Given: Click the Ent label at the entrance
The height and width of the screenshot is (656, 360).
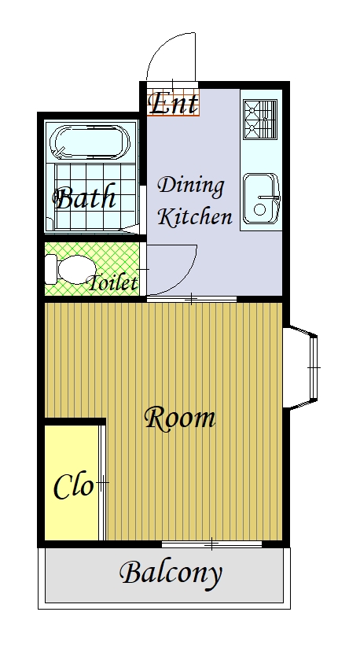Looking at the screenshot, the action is (x=174, y=103).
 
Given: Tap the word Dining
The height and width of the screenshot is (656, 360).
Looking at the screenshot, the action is (x=191, y=186).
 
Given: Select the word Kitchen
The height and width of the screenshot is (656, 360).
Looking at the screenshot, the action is (x=195, y=216).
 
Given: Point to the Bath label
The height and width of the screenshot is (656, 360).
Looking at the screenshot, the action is (x=85, y=197).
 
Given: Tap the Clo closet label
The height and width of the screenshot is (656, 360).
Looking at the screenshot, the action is (x=73, y=487).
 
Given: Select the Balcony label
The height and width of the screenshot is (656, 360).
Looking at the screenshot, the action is (x=171, y=574).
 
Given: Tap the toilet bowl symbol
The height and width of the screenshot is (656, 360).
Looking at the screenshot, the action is (x=76, y=270).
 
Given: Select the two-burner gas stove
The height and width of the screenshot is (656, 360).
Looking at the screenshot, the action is (x=260, y=120).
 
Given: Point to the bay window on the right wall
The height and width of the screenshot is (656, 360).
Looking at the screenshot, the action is (x=300, y=367).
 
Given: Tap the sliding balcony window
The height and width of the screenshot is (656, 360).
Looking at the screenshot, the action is (x=211, y=544).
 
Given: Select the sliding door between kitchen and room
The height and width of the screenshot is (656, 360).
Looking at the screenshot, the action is (x=192, y=299).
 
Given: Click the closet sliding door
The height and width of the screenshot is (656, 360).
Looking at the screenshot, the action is (x=101, y=483).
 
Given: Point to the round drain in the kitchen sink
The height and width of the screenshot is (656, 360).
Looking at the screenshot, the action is (x=259, y=209).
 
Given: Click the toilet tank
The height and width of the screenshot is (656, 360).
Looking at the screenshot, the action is (x=50, y=270).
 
